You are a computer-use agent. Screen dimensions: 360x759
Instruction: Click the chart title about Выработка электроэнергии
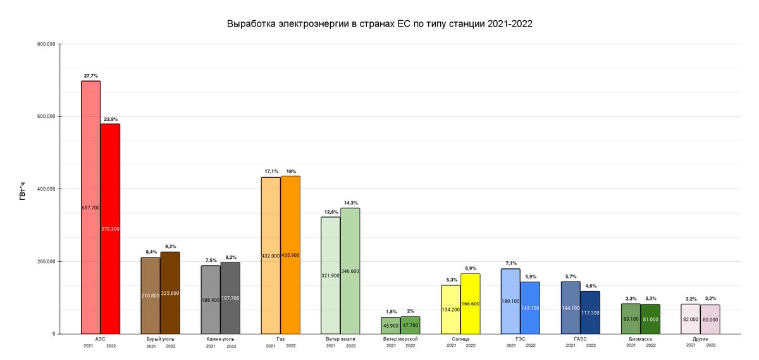tap(379, 25)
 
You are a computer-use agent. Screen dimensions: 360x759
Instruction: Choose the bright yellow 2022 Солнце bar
tap(470, 285)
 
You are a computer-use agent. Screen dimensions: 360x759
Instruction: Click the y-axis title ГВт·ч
tap(22, 189)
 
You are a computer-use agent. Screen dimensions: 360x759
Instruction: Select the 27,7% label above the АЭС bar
tap(91, 75)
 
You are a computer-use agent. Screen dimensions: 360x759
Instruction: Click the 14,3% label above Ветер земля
tap(350, 203)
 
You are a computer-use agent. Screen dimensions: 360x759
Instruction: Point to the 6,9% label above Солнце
tap(471, 268)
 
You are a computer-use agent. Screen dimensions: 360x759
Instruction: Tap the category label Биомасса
tap(640, 340)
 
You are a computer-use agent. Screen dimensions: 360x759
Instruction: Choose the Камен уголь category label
tap(221, 340)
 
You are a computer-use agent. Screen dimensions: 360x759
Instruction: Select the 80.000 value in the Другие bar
tap(710, 320)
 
